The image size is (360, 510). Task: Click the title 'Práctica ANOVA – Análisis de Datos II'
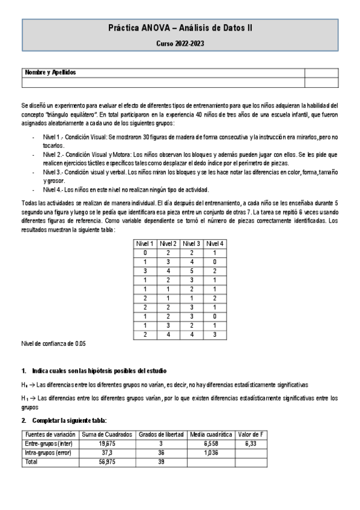coord(180,28)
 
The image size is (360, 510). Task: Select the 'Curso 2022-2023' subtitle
coord(180,44)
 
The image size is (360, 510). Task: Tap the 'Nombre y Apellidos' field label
coord(50,73)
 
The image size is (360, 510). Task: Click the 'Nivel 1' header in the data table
coord(145,244)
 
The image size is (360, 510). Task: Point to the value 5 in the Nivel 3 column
coord(191,271)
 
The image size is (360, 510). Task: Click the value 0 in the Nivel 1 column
coord(145,253)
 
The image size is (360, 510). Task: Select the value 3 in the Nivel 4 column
coord(214,334)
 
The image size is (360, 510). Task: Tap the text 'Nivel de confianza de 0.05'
coord(53,344)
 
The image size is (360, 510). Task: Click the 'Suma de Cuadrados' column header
coord(106,434)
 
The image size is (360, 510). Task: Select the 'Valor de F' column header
coord(251,434)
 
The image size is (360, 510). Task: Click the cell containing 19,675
coord(106,443)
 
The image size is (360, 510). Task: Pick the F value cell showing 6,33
coord(251,443)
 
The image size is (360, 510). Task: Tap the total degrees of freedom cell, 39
coord(160,462)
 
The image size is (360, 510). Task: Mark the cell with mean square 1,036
coord(211,452)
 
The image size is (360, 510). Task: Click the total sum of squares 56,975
coord(106,462)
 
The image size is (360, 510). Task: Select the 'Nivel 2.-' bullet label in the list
coord(56,155)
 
